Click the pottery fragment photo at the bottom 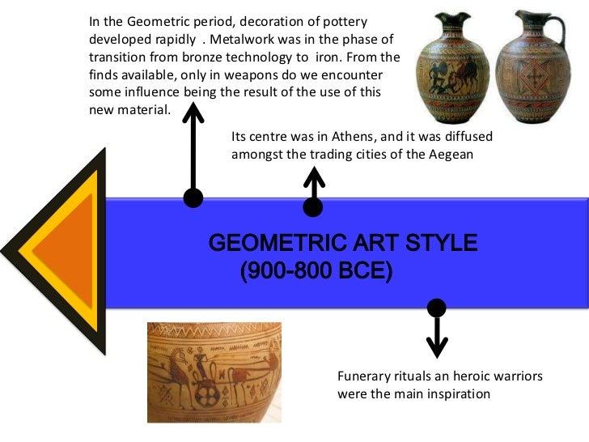point(214,372)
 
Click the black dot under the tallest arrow point(193,198)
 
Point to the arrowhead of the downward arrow point(437,346)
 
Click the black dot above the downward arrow point(437,308)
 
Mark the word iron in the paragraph point(328,57)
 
